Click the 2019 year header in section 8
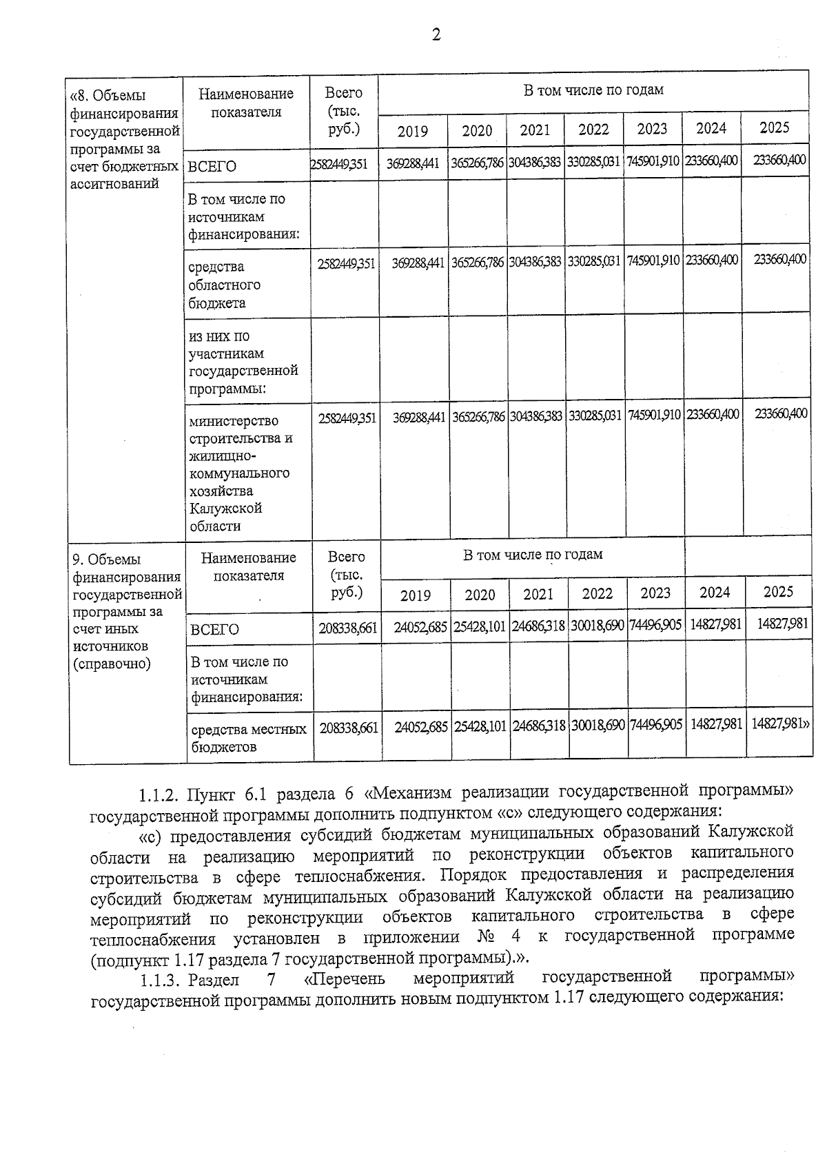pyautogui.click(x=413, y=132)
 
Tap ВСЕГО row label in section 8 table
pyautogui.click(x=213, y=167)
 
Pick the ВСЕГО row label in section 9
pyautogui.click(x=215, y=630)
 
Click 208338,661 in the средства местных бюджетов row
pyautogui.click(x=349, y=728)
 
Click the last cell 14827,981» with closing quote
pyautogui.click(x=780, y=724)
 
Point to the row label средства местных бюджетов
pyautogui.click(x=248, y=737)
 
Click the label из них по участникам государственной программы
pyautogui.click(x=243, y=362)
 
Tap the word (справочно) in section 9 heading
pyautogui.click(x=112, y=664)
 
